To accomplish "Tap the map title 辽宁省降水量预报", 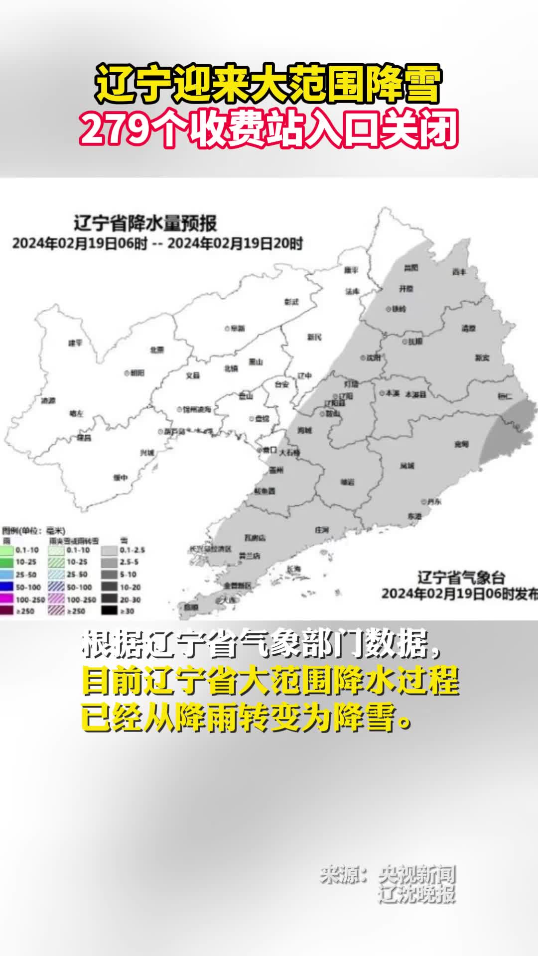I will (145, 223).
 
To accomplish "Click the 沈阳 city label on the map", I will (373, 358).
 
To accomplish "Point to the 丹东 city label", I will (433, 502).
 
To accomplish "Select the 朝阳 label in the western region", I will (137, 372).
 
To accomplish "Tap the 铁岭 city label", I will (399, 309).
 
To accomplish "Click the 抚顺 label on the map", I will (415, 342).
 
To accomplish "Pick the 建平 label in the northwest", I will (75, 343).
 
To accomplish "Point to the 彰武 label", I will (291, 302).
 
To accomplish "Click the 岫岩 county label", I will (347, 481).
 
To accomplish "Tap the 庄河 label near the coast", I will (322, 530).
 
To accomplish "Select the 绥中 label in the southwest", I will (120, 478).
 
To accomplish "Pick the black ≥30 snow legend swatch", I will (110, 610).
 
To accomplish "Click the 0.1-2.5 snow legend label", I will (132, 550).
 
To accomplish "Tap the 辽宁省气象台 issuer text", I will (461, 578).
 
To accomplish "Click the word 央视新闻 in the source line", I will (416, 875).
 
